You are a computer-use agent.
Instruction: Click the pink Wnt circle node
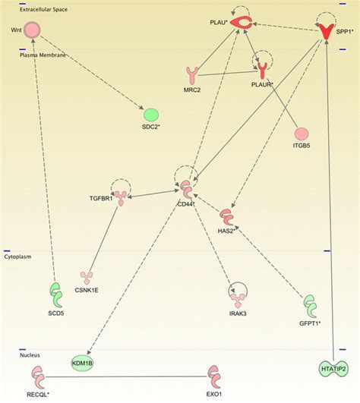[x=31, y=30]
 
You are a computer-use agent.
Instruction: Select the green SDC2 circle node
[x=151, y=115]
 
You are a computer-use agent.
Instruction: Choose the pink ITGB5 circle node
[x=302, y=134]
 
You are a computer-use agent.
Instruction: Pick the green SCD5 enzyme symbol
[x=55, y=293]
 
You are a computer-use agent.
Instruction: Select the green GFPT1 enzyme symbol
[x=311, y=307]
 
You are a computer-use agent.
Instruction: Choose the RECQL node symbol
[x=37, y=375]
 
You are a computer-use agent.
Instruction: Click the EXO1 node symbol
[x=215, y=376]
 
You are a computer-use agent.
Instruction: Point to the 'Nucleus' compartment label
[x=31, y=354]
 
